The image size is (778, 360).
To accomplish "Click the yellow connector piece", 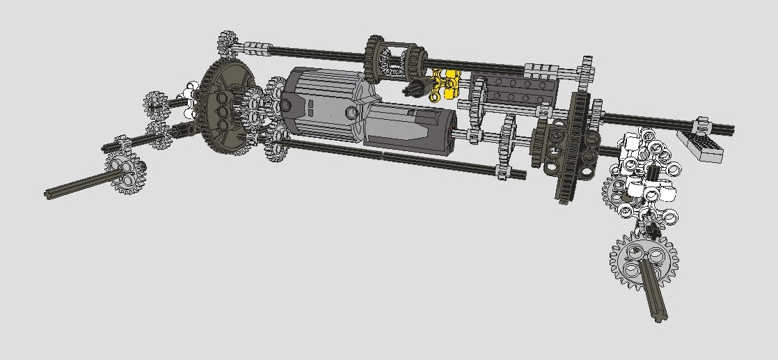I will [x=445, y=83].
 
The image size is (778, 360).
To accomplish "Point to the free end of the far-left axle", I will [x=50, y=194].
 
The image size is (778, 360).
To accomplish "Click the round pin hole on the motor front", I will [x=285, y=105].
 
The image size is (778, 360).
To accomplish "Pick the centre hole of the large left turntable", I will [x=222, y=111].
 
